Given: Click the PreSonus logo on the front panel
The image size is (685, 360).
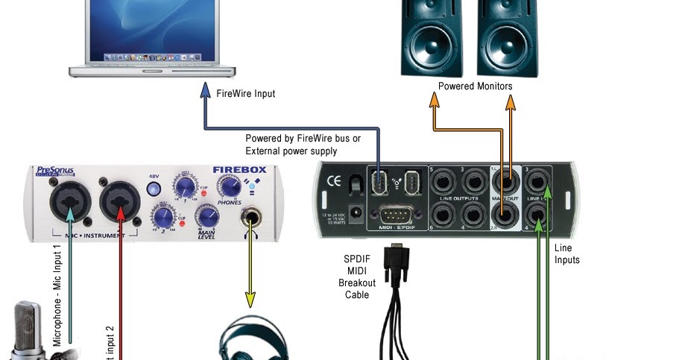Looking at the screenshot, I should [56, 173].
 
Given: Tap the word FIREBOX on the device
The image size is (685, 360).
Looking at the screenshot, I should [239, 170].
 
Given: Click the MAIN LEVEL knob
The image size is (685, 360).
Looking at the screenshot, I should [206, 218].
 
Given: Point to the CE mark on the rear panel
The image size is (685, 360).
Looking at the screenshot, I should [334, 180].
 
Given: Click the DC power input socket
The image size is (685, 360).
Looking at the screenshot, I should [356, 212].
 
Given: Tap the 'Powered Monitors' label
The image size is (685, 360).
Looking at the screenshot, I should [475, 86].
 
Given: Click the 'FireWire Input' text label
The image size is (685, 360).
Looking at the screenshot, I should [245, 94].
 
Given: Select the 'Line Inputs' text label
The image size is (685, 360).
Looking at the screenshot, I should [567, 253].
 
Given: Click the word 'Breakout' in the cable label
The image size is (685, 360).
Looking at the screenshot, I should [357, 283].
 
